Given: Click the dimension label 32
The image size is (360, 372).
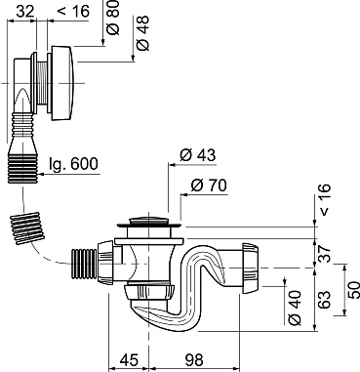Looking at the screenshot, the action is coord(25,12).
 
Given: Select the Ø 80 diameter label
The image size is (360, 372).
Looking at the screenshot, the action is coord(113,17).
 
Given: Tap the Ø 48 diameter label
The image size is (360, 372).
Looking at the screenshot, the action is coord(143,33).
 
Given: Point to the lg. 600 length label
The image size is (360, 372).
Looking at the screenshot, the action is coord(73,164).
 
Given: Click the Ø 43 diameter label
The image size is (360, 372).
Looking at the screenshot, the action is coord(197,155).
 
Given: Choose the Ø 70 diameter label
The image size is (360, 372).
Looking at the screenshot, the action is coord(209,186).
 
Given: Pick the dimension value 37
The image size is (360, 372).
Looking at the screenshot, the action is coord(324,253).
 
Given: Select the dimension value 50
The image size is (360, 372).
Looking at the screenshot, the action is coord(353,290).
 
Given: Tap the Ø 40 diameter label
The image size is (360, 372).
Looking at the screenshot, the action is coord(296,308).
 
